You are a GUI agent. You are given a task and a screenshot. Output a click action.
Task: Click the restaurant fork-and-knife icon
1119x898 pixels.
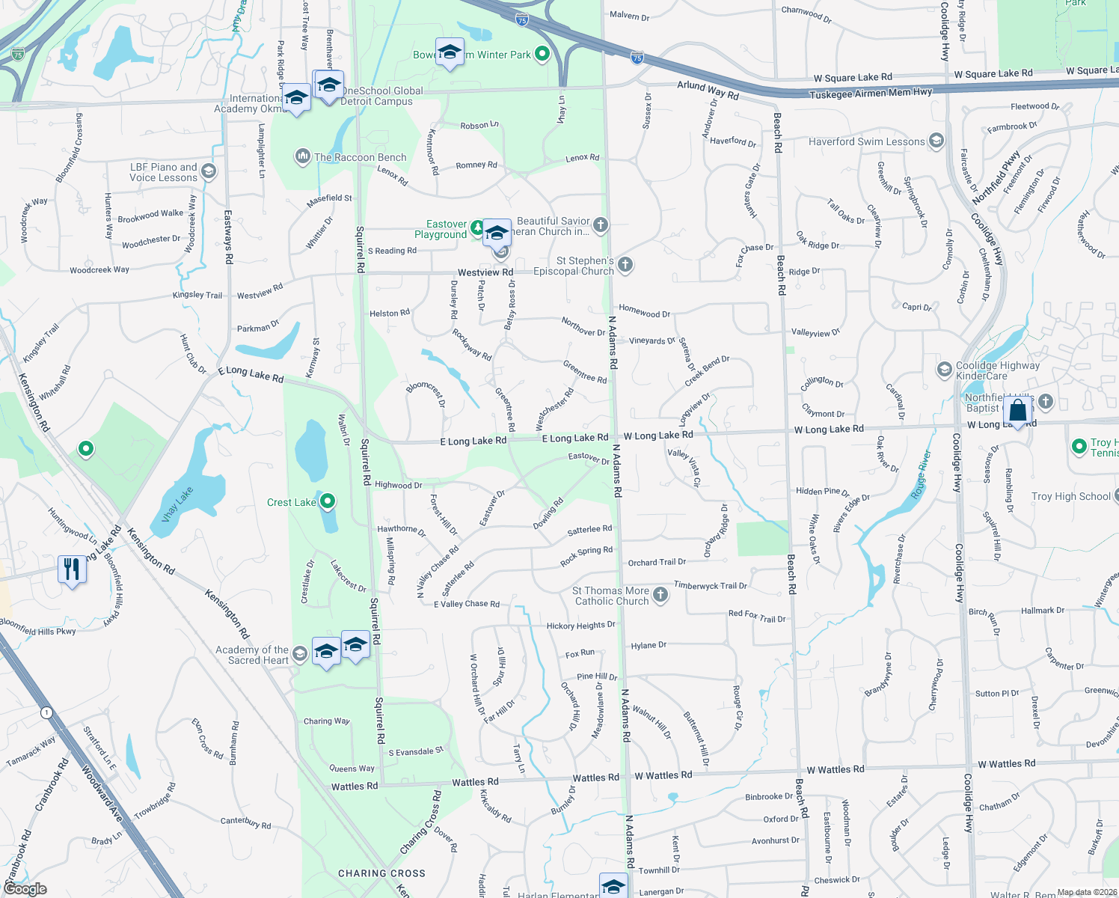pyautogui.click(x=72, y=570)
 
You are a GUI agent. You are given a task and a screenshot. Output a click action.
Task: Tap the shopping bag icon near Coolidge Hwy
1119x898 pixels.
pyautogui.click(x=1018, y=411)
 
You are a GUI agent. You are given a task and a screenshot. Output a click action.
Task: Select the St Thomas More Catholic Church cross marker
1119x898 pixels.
pyautogui.click(x=660, y=595)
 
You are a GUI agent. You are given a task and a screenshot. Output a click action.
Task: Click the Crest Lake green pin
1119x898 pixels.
pyautogui.click(x=327, y=501)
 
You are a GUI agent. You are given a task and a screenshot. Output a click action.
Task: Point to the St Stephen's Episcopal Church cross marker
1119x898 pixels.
pyautogui.click(x=625, y=264)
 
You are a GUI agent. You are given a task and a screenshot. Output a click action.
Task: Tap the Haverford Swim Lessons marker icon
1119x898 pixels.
pyautogui.click(x=936, y=141)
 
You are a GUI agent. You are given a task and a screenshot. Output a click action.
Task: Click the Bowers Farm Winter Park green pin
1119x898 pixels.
pyautogui.click(x=542, y=54)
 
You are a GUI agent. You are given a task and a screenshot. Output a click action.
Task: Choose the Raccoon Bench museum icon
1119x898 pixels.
pyautogui.click(x=302, y=156)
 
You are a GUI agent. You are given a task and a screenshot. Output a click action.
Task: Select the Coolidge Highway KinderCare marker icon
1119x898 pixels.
pyautogui.click(x=944, y=369)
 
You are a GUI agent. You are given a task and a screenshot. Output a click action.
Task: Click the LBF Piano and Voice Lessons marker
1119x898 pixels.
pyautogui.click(x=209, y=171)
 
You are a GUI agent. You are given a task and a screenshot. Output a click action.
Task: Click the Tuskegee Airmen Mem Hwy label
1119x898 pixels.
pyautogui.click(x=871, y=93)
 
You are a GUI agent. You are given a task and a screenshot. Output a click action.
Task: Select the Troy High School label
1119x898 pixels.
pyautogui.click(x=1070, y=496)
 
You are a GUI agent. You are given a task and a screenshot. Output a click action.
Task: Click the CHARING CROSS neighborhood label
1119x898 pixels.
pyautogui.click(x=381, y=873)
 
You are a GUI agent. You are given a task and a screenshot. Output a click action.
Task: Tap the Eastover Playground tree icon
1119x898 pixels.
pyautogui.click(x=477, y=226)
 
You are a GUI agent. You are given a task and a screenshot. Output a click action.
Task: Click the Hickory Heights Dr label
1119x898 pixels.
pyautogui.click(x=580, y=626)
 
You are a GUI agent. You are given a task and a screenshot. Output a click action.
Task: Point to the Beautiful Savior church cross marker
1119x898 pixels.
pyautogui.click(x=601, y=224)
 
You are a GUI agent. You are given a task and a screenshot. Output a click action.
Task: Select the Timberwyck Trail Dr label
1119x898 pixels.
pyautogui.click(x=710, y=585)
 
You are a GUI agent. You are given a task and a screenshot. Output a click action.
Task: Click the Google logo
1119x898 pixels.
pyautogui.click(x=25, y=888)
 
